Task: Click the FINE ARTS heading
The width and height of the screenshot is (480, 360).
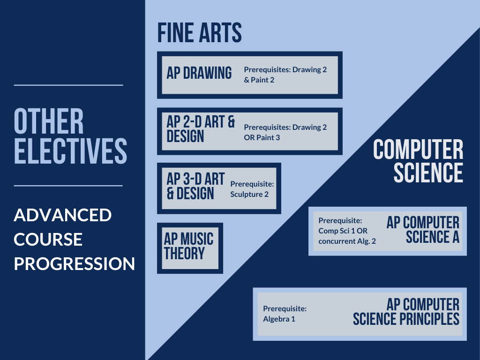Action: tap(200, 32)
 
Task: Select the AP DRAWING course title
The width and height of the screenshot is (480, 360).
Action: tap(199, 73)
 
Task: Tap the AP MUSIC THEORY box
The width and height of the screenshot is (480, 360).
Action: tap(190, 248)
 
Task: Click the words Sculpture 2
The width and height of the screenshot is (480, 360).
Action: tap(249, 194)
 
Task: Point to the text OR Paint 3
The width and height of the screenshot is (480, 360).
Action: tap(262, 137)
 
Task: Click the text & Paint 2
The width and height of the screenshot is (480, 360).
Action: tap(259, 80)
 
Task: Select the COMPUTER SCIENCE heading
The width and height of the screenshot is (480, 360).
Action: tap(418, 161)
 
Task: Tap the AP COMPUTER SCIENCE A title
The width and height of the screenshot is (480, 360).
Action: tap(423, 230)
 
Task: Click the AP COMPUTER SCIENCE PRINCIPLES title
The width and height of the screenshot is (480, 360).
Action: tap(406, 312)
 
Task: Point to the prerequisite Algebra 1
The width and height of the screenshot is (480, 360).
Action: tap(279, 319)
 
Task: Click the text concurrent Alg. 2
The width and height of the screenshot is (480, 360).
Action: tap(347, 241)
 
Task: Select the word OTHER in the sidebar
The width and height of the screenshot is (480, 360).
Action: tap(49, 121)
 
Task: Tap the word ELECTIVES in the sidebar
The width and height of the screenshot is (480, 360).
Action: tap(70, 150)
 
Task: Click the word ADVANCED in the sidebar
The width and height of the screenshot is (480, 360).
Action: tap(63, 215)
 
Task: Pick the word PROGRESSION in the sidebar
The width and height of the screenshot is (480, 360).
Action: tap(75, 263)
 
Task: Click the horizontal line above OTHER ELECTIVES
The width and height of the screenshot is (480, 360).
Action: tap(68, 85)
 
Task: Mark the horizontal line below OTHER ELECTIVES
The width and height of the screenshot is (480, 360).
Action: tap(68, 186)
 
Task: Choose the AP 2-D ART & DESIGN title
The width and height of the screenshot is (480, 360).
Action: tap(201, 129)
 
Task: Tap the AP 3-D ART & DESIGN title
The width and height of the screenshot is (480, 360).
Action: tap(195, 186)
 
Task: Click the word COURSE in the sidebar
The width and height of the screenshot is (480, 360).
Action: tap(48, 240)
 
